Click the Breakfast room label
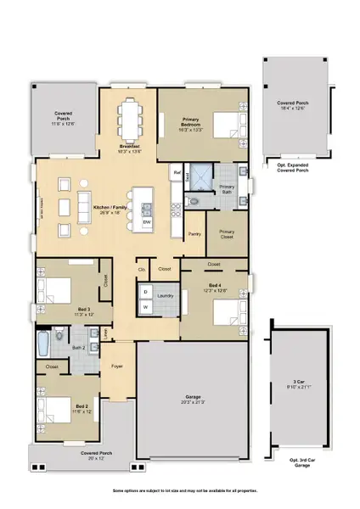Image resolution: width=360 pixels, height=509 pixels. [128, 148]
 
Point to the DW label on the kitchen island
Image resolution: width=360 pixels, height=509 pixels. [147, 222]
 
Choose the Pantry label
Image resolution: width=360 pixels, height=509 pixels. [194, 233]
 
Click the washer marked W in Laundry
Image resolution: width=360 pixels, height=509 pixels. [145, 306]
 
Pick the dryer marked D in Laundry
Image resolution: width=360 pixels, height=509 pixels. [145, 291]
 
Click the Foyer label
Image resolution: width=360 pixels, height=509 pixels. [117, 366]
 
